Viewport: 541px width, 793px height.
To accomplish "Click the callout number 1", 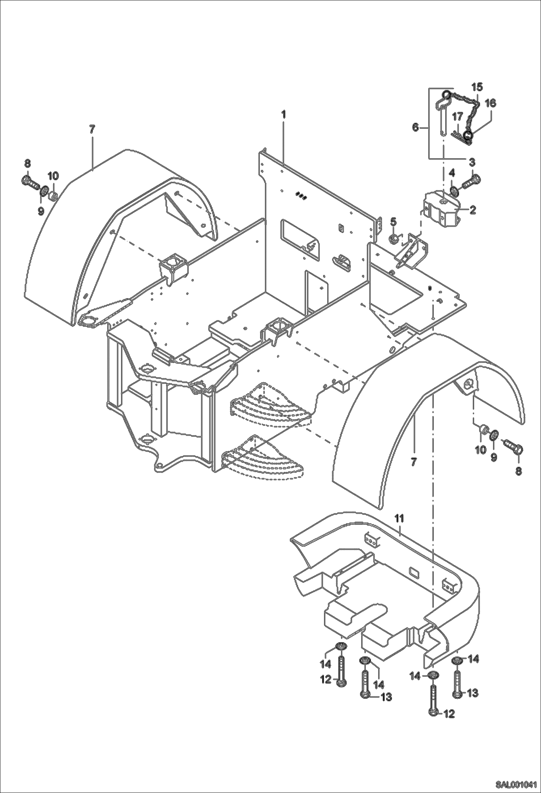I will coord(284,114).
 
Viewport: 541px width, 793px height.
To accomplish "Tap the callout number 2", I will coord(472,209).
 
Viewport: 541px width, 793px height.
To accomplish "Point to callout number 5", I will coord(393,220).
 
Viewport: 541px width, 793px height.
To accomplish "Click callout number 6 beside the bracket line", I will coord(415,127).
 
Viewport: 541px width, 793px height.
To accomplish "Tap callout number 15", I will coord(477,87).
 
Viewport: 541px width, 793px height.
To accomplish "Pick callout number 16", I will coord(490,103).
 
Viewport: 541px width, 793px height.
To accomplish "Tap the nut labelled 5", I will coord(394,238).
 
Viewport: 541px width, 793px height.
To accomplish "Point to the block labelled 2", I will coord(441,210).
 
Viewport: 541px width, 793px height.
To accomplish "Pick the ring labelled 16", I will coord(468,136).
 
